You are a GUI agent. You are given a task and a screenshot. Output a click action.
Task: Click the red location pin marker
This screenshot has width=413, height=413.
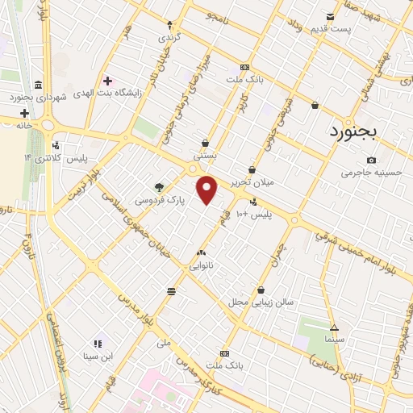point(207,190)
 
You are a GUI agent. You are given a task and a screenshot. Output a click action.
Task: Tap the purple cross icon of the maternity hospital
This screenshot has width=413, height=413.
point(107,81)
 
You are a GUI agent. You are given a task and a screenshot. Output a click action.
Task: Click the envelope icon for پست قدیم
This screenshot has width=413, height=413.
point(330,17)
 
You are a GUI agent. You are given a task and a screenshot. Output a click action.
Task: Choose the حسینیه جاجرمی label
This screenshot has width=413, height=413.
point(370,172)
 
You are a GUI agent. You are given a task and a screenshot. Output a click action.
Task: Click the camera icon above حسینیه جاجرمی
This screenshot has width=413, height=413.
point(370,160)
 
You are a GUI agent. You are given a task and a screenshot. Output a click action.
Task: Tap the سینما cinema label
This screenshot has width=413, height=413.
point(334,338)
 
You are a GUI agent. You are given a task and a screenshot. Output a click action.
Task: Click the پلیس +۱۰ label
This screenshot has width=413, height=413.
point(260,215)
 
